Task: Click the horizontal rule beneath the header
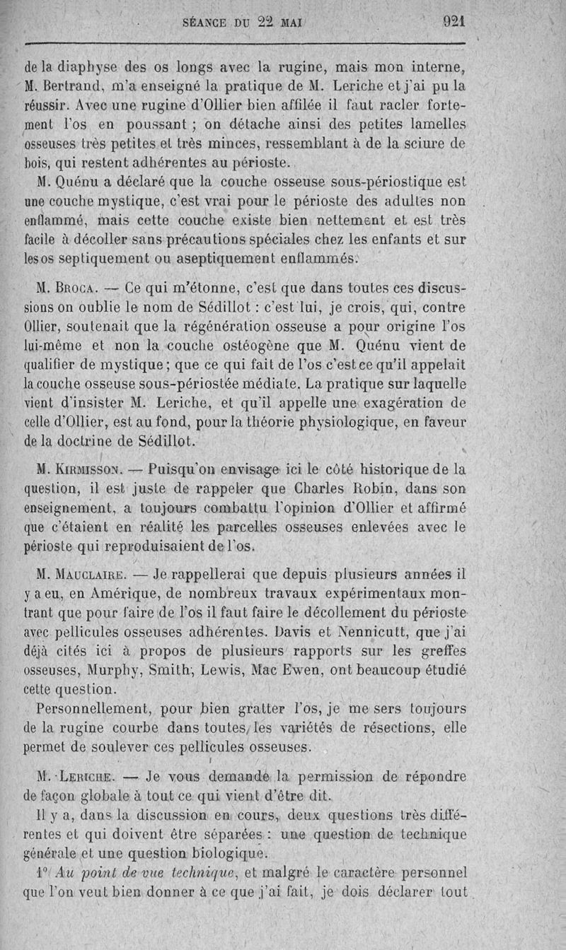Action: pos(244,47)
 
